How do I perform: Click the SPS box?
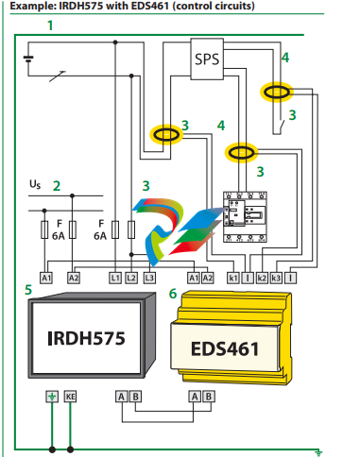click(x=207, y=59)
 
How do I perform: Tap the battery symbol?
click(x=28, y=59)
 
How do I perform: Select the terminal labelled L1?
click(x=115, y=278)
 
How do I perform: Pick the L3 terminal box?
click(x=149, y=278)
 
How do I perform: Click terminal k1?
click(x=233, y=278)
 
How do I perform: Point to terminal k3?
click(x=276, y=278)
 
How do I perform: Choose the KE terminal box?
click(x=70, y=397)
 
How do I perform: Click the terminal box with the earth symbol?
click(x=52, y=397)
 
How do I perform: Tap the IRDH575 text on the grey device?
click(x=86, y=338)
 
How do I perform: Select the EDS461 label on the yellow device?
click(x=225, y=349)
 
